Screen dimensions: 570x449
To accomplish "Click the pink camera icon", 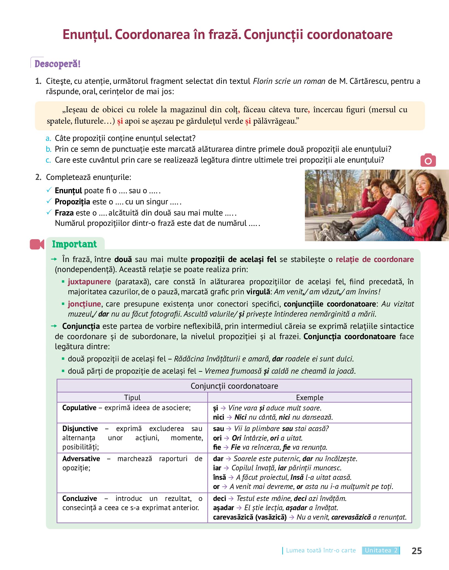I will (428, 160).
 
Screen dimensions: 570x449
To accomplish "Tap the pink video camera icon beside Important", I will (37, 244).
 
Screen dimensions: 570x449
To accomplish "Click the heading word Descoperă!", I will (57, 64).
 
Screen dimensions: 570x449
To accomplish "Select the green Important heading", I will (74, 244).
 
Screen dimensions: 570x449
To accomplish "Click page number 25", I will (416, 551).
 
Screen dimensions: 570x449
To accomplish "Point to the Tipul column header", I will (132, 397).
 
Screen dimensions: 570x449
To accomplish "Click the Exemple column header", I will (309, 397).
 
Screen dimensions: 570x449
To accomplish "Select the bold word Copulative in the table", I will (79, 408).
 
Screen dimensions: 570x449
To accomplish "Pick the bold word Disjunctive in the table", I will (80, 428).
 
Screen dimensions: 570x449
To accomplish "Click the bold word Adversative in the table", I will (81, 458).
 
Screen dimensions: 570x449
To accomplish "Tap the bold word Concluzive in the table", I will (80, 498).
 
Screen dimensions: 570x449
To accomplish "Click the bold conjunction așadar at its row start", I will (223, 508).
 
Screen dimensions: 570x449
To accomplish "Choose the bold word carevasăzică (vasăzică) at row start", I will (250, 517).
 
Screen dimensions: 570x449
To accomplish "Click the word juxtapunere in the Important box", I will (89, 282).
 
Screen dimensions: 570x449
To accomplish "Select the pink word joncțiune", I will (84, 304).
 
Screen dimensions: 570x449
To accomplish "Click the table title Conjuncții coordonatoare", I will (234, 386).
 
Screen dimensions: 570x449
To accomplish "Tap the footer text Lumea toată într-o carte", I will (321, 550).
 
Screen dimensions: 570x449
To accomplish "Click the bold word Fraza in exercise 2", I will (64, 213).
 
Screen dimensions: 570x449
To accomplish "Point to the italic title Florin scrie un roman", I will (289, 81).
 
